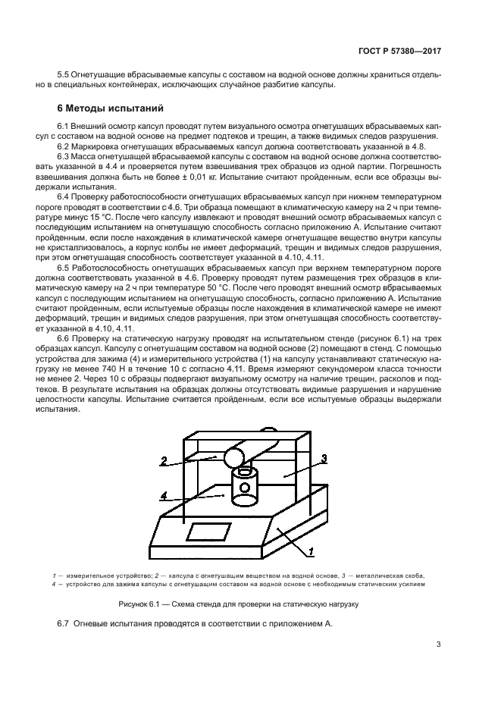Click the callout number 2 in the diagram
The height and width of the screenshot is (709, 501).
click(164, 460)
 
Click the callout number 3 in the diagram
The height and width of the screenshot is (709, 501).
click(324, 458)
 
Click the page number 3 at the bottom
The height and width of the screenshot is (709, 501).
click(438, 645)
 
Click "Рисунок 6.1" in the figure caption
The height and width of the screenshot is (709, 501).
click(140, 604)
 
